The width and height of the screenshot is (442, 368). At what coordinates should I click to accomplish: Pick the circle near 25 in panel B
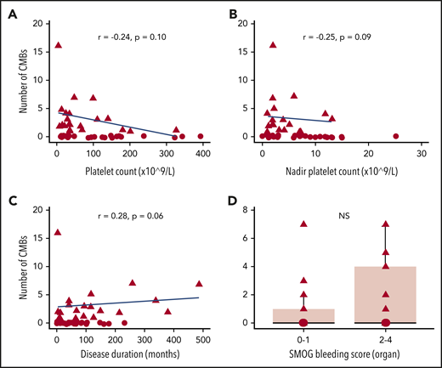395,136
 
